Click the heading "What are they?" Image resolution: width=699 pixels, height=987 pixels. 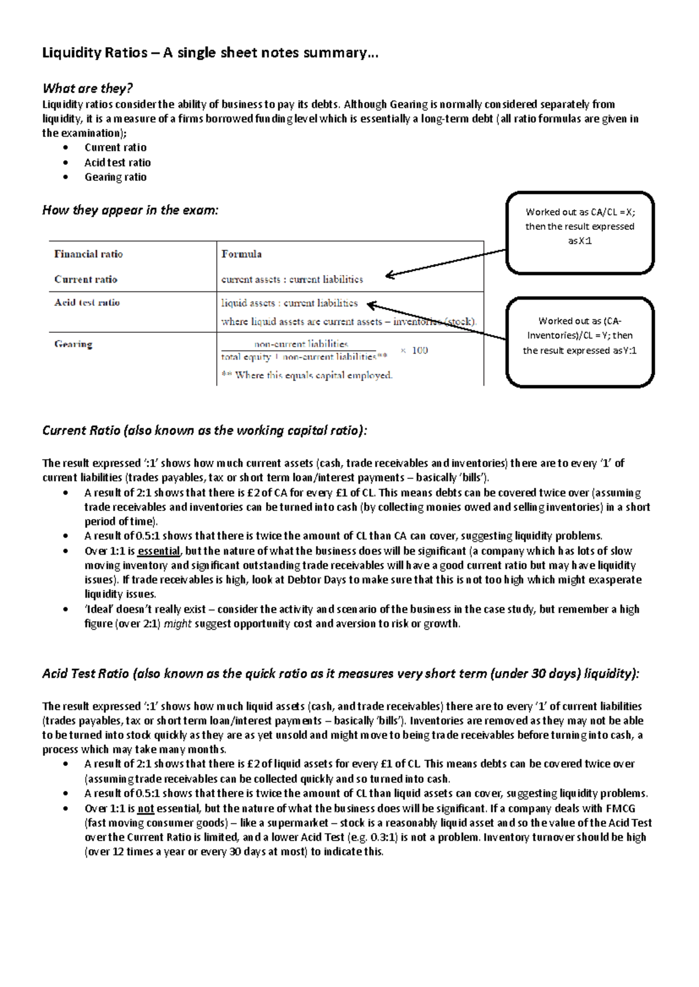(87, 88)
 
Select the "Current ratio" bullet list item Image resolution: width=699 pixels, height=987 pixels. (115, 148)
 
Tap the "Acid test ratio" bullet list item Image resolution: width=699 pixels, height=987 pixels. (117, 163)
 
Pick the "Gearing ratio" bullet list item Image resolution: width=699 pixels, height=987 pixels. (115, 177)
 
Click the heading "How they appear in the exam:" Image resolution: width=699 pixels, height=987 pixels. (130, 211)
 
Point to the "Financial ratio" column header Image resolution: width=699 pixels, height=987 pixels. (89, 254)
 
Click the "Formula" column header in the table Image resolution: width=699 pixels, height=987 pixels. (241, 254)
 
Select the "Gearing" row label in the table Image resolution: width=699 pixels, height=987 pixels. (73, 345)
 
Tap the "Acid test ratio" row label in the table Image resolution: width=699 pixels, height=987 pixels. (87, 303)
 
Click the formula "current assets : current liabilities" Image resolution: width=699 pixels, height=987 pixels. (292, 280)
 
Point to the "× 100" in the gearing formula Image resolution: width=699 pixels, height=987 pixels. (414, 350)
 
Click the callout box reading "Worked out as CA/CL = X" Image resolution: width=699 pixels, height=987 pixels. (580, 232)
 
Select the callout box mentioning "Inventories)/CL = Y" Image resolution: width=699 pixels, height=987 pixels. (580, 342)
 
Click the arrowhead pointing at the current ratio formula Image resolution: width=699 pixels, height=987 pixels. (390, 275)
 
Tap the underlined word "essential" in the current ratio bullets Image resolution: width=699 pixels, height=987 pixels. (158, 551)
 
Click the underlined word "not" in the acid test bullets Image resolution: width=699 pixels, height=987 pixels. (146, 809)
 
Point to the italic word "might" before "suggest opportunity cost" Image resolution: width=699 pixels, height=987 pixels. (178, 624)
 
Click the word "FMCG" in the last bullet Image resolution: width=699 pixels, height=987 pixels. (620, 809)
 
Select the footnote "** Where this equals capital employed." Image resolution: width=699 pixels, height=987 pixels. (307, 376)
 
